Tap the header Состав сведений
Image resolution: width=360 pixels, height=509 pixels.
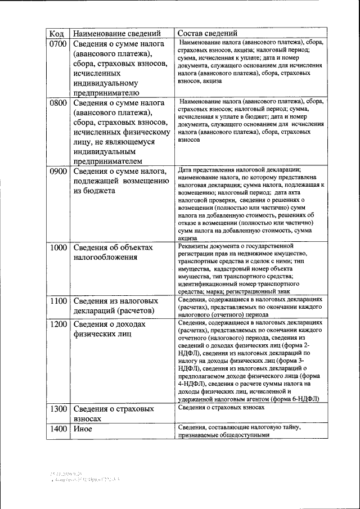(208, 33)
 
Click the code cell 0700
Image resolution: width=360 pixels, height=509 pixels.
(58, 43)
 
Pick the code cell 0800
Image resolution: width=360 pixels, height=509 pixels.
(58, 103)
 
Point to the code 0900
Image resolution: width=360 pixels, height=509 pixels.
(58, 172)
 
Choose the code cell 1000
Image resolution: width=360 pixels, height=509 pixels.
(58, 247)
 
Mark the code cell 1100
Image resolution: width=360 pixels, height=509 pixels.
(58, 301)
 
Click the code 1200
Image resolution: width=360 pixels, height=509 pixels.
(58, 325)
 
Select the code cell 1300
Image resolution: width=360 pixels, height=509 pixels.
(58, 409)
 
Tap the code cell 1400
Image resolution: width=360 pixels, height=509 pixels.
(58, 429)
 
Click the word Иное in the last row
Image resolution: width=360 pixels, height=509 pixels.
(83, 429)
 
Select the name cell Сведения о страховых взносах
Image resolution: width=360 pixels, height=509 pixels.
(113, 414)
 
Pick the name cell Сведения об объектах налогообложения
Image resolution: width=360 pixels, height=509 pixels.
(113, 253)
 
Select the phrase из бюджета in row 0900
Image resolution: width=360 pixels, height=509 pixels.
(94, 191)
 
